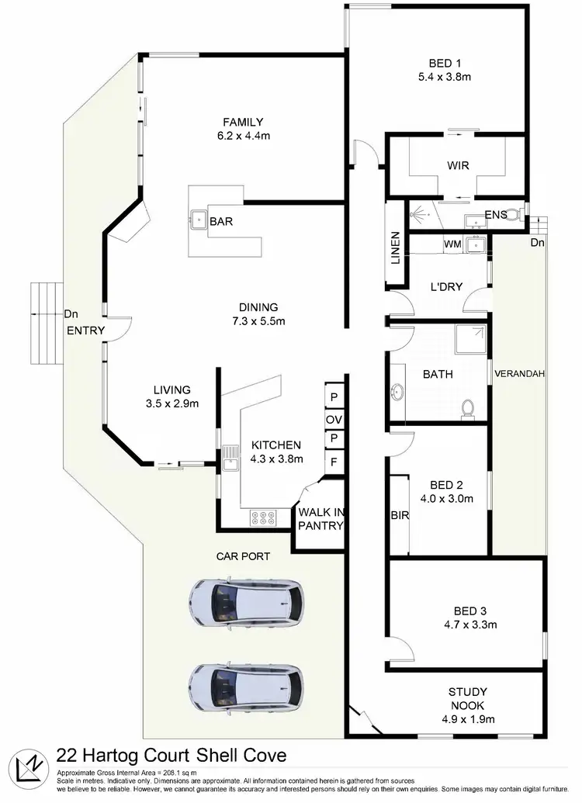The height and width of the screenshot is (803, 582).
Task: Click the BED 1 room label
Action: click(440, 70)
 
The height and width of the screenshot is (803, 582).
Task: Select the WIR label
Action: click(458, 165)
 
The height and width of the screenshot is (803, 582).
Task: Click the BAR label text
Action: click(221, 222)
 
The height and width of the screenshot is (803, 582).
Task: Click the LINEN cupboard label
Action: click(395, 247)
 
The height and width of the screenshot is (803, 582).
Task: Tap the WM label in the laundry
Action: click(453, 244)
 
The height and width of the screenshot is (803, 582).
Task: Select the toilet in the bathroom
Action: click(468, 408)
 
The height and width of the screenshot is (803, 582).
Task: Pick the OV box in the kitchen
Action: click(334, 419)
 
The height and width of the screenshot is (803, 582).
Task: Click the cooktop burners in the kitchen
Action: click(264, 517)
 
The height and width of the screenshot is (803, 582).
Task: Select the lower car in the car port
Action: click(247, 687)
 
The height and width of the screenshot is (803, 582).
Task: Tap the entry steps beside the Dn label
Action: click(45, 323)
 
